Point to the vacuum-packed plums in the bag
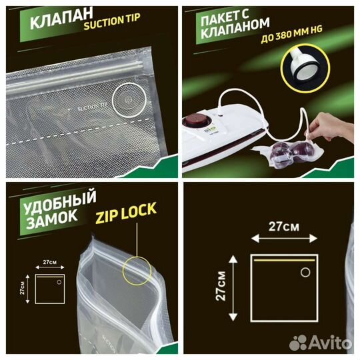[x=278, y=149]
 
